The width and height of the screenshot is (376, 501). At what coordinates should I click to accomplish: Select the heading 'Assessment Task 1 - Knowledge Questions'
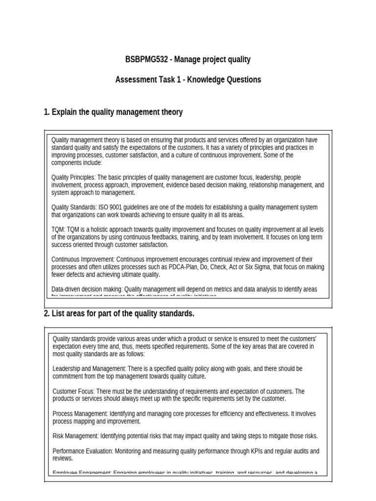pyautogui.click(x=188, y=80)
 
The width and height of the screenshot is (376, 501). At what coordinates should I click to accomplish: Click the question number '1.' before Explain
pyautogui.click(x=47, y=112)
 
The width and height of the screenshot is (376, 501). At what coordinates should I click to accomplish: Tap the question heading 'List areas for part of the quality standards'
pyautogui.click(x=122, y=314)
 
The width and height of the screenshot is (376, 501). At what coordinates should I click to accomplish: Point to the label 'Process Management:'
pyautogui.click(x=80, y=413)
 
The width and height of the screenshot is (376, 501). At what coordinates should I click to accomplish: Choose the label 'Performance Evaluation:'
pyautogui.click(x=83, y=451)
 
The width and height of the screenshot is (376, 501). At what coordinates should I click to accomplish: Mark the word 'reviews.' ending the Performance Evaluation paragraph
pyautogui.click(x=63, y=458)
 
